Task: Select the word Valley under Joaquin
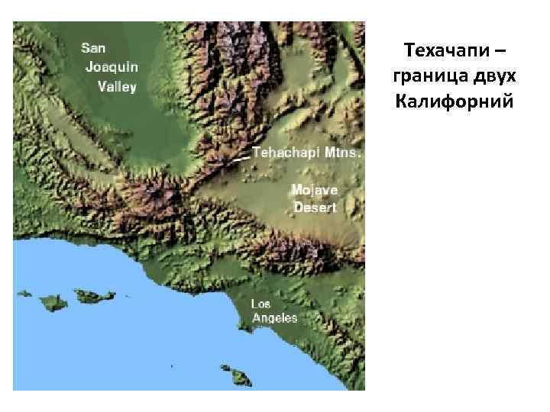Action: (117, 86)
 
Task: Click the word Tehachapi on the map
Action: (285, 152)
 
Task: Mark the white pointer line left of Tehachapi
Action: (240, 158)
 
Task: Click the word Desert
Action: (314, 208)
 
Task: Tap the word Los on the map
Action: (261, 304)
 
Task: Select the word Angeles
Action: (274, 318)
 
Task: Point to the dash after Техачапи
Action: (499, 53)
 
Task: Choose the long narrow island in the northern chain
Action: (89, 295)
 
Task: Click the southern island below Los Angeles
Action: (240, 376)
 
